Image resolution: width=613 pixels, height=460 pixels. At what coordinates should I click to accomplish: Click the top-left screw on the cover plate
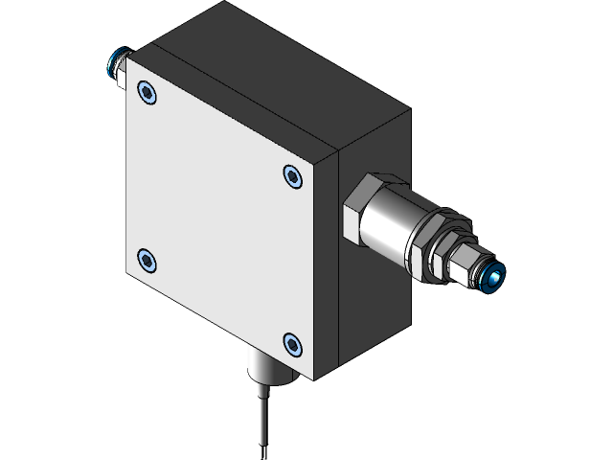point(147,92)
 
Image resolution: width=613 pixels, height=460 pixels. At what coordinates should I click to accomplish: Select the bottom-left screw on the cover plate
point(147,260)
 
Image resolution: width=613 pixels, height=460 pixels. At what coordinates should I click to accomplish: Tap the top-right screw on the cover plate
point(292,175)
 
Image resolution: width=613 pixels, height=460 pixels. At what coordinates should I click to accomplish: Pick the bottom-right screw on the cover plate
point(292,342)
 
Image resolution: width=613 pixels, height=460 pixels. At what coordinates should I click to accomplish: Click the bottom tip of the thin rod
point(261,456)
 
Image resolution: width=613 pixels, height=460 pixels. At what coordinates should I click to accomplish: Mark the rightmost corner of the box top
point(409,113)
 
